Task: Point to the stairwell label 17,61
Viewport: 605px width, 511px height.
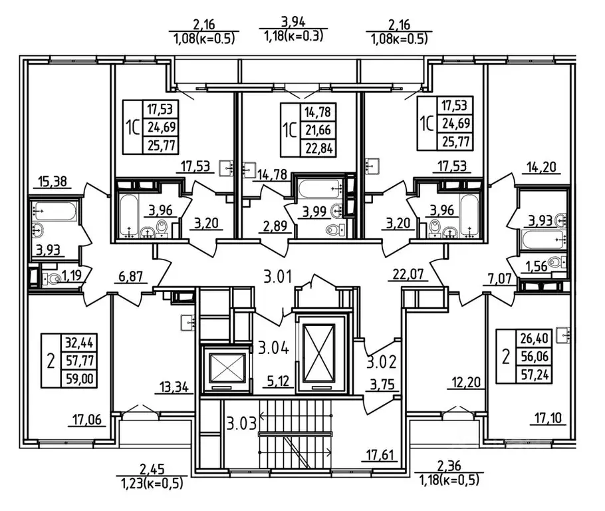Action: [378, 456]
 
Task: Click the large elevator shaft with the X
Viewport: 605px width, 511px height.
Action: [322, 350]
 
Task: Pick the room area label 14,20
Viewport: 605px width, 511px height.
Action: [543, 168]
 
